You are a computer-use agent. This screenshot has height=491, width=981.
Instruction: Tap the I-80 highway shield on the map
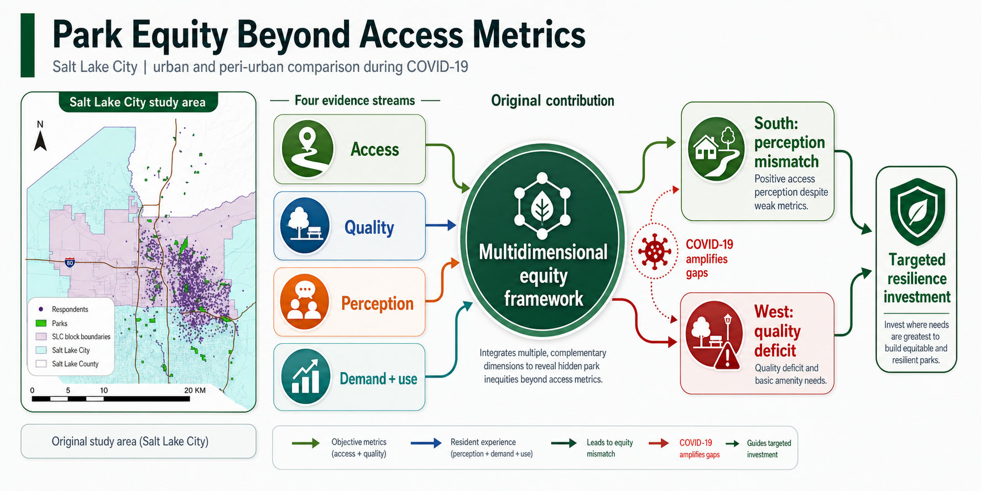(70, 262)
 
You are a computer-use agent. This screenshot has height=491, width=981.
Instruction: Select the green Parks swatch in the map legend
(41, 323)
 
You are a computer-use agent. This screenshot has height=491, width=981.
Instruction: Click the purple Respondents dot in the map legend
(41, 309)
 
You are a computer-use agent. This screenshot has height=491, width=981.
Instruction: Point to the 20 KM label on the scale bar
(195, 390)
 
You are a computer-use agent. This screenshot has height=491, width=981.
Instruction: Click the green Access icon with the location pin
(307, 149)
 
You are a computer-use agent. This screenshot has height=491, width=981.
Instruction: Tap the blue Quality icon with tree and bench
(305, 226)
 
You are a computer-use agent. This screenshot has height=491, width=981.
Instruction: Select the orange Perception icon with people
(305, 302)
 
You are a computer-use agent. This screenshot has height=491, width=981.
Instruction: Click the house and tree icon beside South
(716, 149)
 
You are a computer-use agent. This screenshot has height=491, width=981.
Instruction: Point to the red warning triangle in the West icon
(727, 355)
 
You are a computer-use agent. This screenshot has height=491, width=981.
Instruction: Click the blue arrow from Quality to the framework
(441, 225)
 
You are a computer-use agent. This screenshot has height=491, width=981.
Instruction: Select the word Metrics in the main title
(529, 35)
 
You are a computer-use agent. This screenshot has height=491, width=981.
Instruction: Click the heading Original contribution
(552, 101)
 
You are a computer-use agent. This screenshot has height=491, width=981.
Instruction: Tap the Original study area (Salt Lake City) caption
(130, 441)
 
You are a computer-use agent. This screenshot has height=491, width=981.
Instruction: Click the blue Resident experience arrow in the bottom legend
(426, 443)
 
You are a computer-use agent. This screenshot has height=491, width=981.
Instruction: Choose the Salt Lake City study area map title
(137, 102)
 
